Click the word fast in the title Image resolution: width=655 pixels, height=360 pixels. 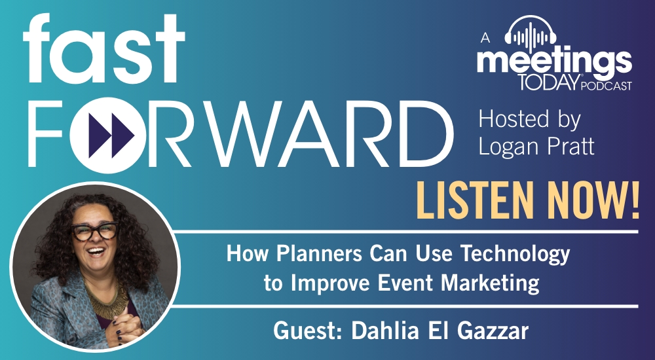[103, 48]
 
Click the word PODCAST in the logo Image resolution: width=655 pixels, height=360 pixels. [607, 86]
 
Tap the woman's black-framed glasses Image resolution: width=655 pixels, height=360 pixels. [94, 231]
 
